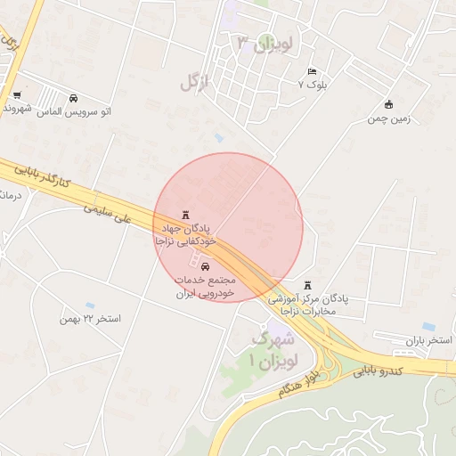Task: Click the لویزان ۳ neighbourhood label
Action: pyautogui.click(x=266, y=43)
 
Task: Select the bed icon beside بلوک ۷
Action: pyautogui.click(x=311, y=71)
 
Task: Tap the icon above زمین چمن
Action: pyautogui.click(x=388, y=104)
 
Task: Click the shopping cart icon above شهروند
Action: pyautogui.click(x=17, y=95)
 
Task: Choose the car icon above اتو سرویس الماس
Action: pyautogui.click(x=73, y=98)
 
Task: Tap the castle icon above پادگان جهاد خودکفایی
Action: pyautogui.click(x=185, y=214)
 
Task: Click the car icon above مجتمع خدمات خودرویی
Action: pyautogui.click(x=206, y=265)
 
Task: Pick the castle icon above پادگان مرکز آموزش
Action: pyautogui.click(x=308, y=285)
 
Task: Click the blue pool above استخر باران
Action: pyautogui.click(x=428, y=327)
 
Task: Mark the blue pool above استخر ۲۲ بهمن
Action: pyautogui.click(x=90, y=305)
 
